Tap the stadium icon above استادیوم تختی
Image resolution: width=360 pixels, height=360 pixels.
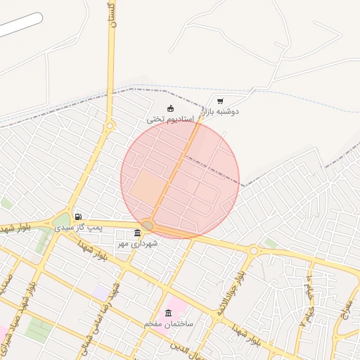[170, 108]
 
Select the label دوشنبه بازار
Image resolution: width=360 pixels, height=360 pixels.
[221, 111]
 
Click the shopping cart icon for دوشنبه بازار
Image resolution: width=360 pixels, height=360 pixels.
[220, 101]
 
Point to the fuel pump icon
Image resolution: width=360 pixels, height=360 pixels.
[77, 217]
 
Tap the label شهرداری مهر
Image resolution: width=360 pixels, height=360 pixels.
[137, 243]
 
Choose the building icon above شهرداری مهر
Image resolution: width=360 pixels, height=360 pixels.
[136, 233]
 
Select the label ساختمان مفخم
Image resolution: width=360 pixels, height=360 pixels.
[168, 323]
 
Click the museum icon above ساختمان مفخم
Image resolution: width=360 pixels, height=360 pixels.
[168, 313]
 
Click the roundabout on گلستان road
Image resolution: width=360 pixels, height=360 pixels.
[110, 127]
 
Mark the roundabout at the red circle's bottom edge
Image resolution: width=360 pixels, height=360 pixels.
[148, 225]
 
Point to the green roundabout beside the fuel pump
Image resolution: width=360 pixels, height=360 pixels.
[62, 221]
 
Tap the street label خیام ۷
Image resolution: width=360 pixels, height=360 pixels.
[308, 298]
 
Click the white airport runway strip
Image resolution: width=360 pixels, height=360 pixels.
[21, 25]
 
